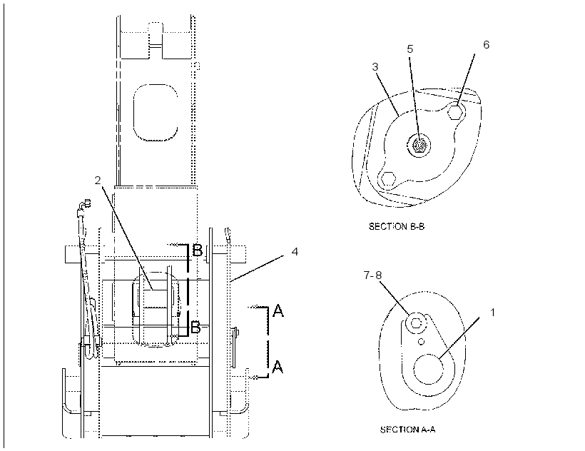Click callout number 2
pos(98,180)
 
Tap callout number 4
pos(295,252)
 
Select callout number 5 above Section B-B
pos(410,49)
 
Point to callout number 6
pos(486,44)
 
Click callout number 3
pos(375,67)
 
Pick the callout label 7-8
pos(372,275)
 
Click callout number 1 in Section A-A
pos(492,313)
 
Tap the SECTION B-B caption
pos(397,226)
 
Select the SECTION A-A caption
pos(407,430)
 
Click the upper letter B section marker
pos(198,250)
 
